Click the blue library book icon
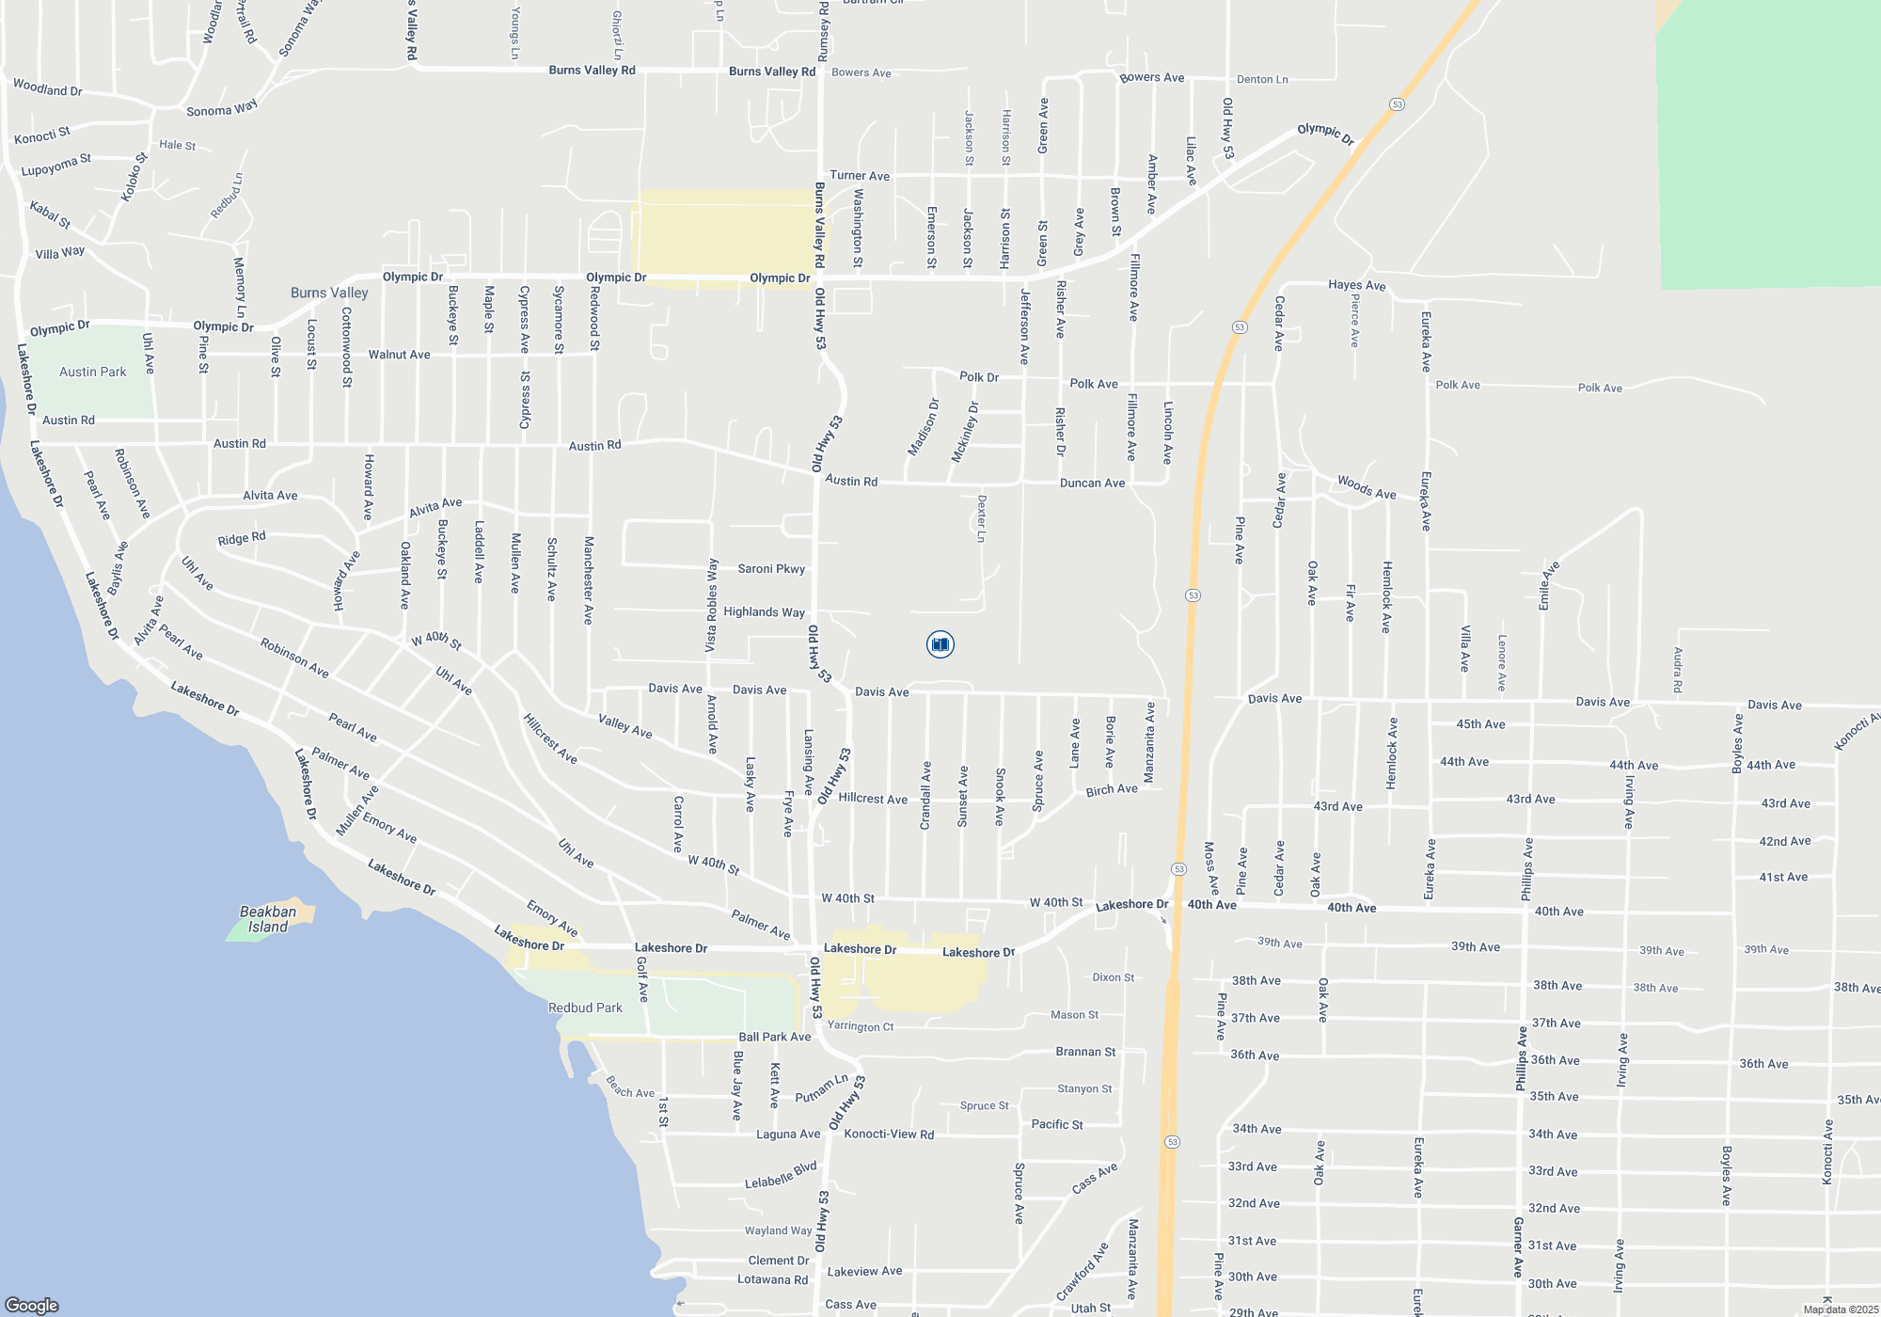coord(940,644)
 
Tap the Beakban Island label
coord(268,919)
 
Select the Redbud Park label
coord(585,1008)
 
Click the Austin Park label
coord(92,372)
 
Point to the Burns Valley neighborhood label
coord(329,293)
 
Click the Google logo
coord(32,1305)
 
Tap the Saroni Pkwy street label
coord(771,568)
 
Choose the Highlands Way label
coord(764,611)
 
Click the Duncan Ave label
coord(1092,483)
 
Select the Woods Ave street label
coord(1367,487)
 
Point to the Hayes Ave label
coord(1356,285)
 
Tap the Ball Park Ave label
coord(774,1037)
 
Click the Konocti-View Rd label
coord(889,1134)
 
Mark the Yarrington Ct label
coord(860,1026)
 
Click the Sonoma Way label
coord(222,109)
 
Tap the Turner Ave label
coord(860,176)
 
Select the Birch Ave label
coord(1112,789)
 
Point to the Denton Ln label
coord(1262,79)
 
